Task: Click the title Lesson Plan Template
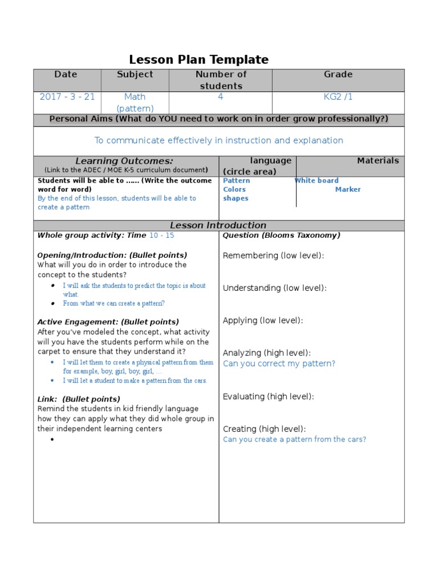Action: [x=198, y=59]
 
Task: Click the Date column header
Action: [x=66, y=74]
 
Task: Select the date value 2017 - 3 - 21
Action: [x=67, y=97]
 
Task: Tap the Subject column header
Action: [x=135, y=74]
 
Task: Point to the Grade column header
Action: [x=338, y=74]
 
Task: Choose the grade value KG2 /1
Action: [x=338, y=97]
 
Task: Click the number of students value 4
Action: [x=221, y=97]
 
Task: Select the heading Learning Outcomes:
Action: [x=124, y=161]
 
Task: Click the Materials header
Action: [x=378, y=161]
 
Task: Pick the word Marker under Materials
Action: [x=348, y=189]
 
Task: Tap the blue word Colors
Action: [x=234, y=189]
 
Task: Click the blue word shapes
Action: [x=236, y=198]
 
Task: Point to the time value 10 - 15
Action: [x=162, y=235]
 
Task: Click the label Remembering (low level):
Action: [x=273, y=255]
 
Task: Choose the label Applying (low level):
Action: [x=263, y=321]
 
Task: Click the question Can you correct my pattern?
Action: [x=279, y=363]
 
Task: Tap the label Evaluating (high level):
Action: [x=269, y=396]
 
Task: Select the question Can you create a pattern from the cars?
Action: [x=294, y=439]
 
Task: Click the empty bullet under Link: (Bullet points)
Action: [x=52, y=439]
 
